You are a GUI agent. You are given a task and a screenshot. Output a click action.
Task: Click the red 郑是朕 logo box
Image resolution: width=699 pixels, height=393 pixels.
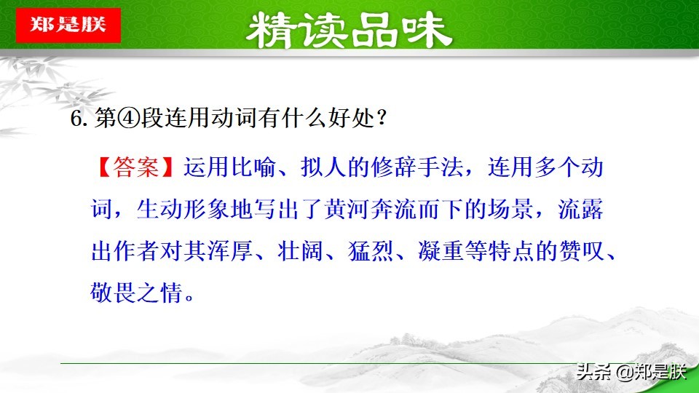(68, 24)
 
